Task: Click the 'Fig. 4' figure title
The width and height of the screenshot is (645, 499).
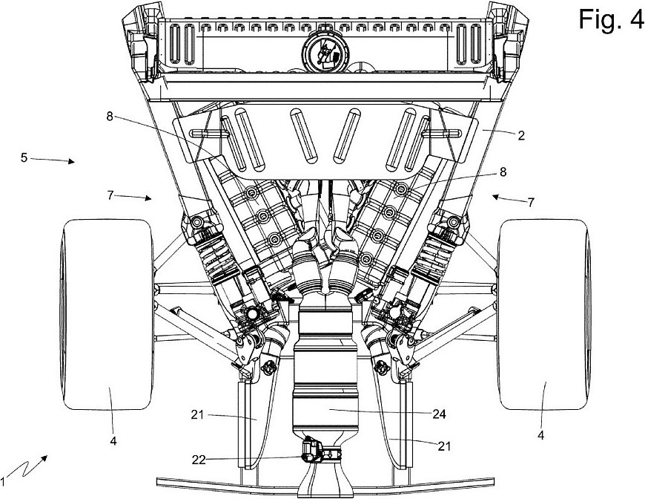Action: coord(610,19)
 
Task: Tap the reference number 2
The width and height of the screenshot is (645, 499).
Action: coord(521,136)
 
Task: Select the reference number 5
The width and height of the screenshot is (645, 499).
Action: coord(24,157)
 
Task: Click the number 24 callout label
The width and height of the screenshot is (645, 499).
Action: coord(439,414)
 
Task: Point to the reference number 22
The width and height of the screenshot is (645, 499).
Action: coord(199,460)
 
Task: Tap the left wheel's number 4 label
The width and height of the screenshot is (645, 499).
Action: coord(113,441)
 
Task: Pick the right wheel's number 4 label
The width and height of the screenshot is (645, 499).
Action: coord(541,435)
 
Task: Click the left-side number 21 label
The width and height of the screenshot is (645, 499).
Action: coord(197,415)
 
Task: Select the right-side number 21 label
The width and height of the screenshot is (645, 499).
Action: coord(444,446)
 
